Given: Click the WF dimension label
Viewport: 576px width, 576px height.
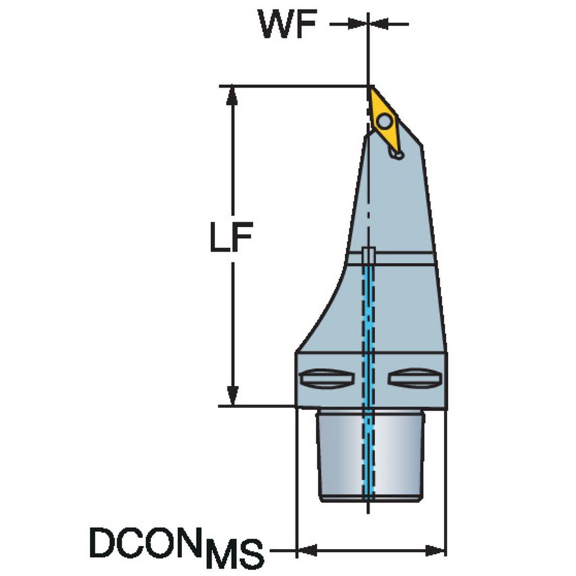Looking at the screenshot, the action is tap(288, 24).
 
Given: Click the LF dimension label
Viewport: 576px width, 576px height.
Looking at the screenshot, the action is tap(231, 237).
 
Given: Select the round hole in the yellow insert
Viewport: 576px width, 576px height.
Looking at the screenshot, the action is tap(384, 121).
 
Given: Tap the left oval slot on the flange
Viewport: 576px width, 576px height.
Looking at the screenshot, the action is tap(326, 378).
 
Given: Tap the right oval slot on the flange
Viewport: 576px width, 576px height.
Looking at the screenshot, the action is tap(414, 378).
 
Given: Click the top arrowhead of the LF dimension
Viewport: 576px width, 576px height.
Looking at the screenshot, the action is tap(232, 96).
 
